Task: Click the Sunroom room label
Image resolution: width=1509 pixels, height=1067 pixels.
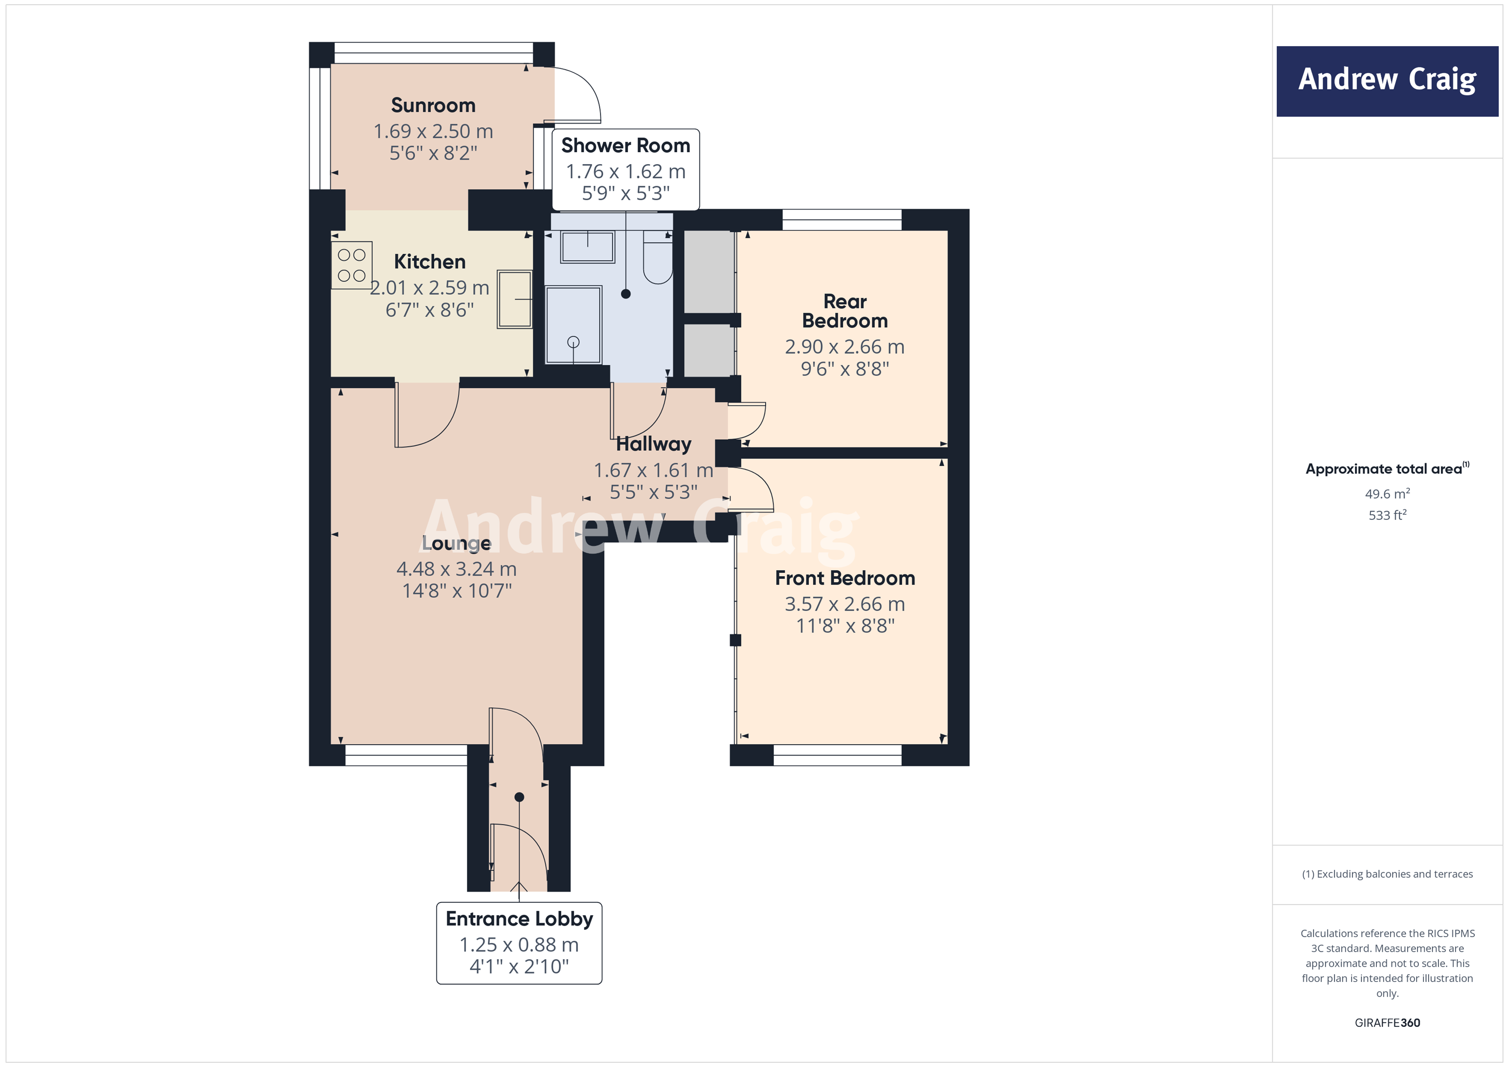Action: point(433,106)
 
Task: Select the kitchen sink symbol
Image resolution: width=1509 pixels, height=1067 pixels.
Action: point(514,299)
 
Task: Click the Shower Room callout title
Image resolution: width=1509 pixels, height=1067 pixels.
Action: point(625,145)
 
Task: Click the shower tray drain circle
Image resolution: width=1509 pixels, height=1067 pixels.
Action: point(573,341)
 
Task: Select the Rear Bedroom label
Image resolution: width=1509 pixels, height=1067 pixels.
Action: point(845,311)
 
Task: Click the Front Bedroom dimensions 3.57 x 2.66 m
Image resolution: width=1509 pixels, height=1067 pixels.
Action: point(845,604)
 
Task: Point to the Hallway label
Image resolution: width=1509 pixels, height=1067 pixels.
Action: point(653,444)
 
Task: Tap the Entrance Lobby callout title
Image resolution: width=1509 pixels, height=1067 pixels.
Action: point(519,918)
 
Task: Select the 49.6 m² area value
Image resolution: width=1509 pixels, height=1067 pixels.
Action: point(1387,493)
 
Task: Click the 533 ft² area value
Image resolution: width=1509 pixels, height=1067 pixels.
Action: point(1387,515)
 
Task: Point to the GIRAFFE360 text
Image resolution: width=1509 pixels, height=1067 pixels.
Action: point(1387,1022)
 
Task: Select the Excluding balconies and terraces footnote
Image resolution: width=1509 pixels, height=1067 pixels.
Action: point(1387,874)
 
